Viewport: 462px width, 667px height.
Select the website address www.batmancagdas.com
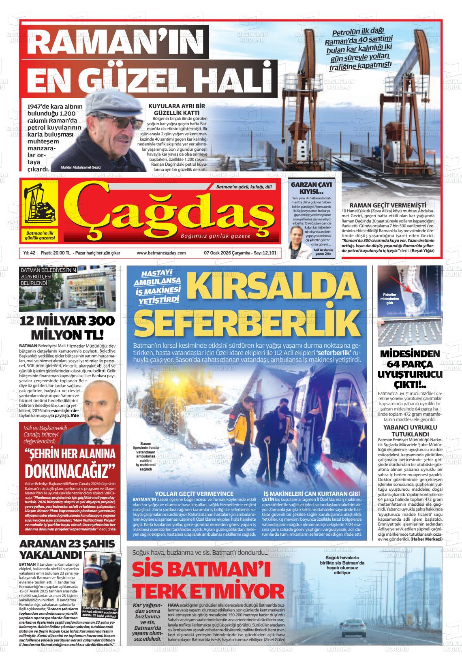pos(161,253)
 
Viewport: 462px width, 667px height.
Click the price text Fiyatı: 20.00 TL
pos(56,253)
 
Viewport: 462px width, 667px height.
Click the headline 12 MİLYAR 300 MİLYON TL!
pos(67,327)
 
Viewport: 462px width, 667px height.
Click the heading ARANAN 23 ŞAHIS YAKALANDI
pos(67,549)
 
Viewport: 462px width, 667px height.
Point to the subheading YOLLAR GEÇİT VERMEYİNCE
pos(194,494)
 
